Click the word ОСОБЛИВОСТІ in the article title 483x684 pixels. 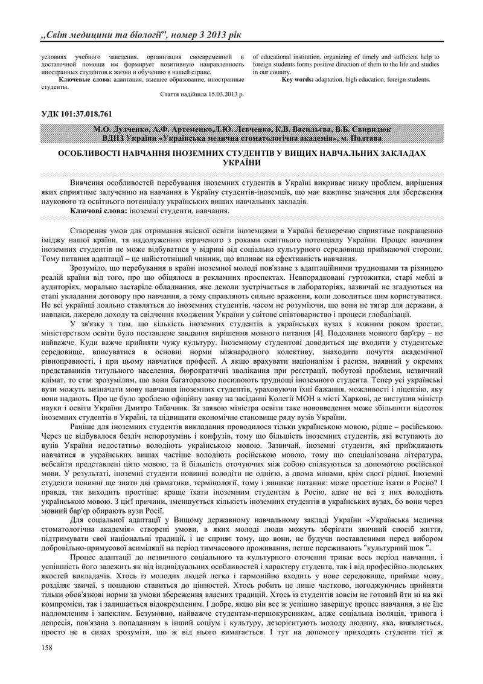click(x=92, y=154)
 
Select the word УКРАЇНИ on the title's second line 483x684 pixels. click(x=241, y=163)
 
